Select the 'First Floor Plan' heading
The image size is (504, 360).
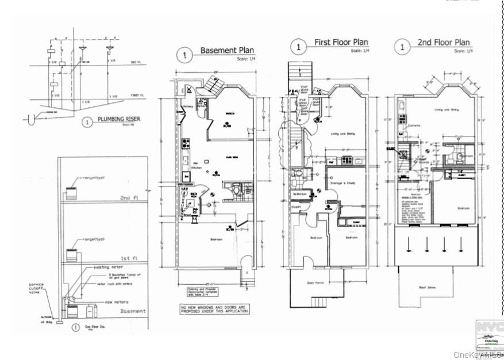[x=341, y=43]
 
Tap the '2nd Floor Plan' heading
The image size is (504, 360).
[x=443, y=43]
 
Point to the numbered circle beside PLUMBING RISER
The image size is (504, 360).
[x=86, y=122]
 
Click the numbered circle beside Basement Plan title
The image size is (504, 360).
[x=184, y=55]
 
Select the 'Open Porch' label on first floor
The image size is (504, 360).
[x=316, y=282]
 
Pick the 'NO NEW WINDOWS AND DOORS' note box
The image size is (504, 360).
[x=214, y=309]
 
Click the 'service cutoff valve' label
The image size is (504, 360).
[x=38, y=289]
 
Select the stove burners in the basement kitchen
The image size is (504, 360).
[x=186, y=144]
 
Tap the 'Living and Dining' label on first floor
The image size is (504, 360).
[x=343, y=135]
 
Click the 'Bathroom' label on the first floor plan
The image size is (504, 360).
[x=299, y=195]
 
